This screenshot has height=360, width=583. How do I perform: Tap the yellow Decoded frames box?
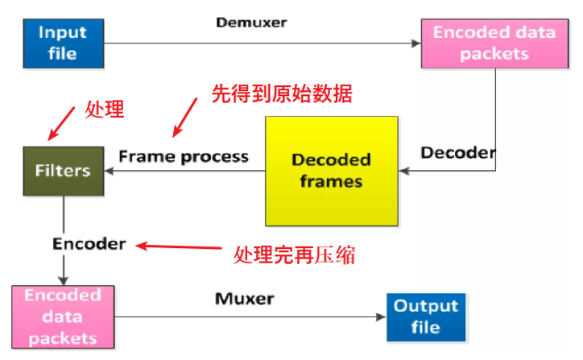[x=332, y=170]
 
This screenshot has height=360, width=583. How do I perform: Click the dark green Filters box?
[x=62, y=171]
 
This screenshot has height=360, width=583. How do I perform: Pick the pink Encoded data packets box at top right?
[x=494, y=43]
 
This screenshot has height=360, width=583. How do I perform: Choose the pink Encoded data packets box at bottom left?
[x=62, y=316]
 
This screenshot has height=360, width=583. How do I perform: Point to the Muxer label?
[x=245, y=299]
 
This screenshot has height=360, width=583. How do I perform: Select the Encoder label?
[x=89, y=243]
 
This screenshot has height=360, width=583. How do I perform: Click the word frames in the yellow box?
[x=331, y=180]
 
